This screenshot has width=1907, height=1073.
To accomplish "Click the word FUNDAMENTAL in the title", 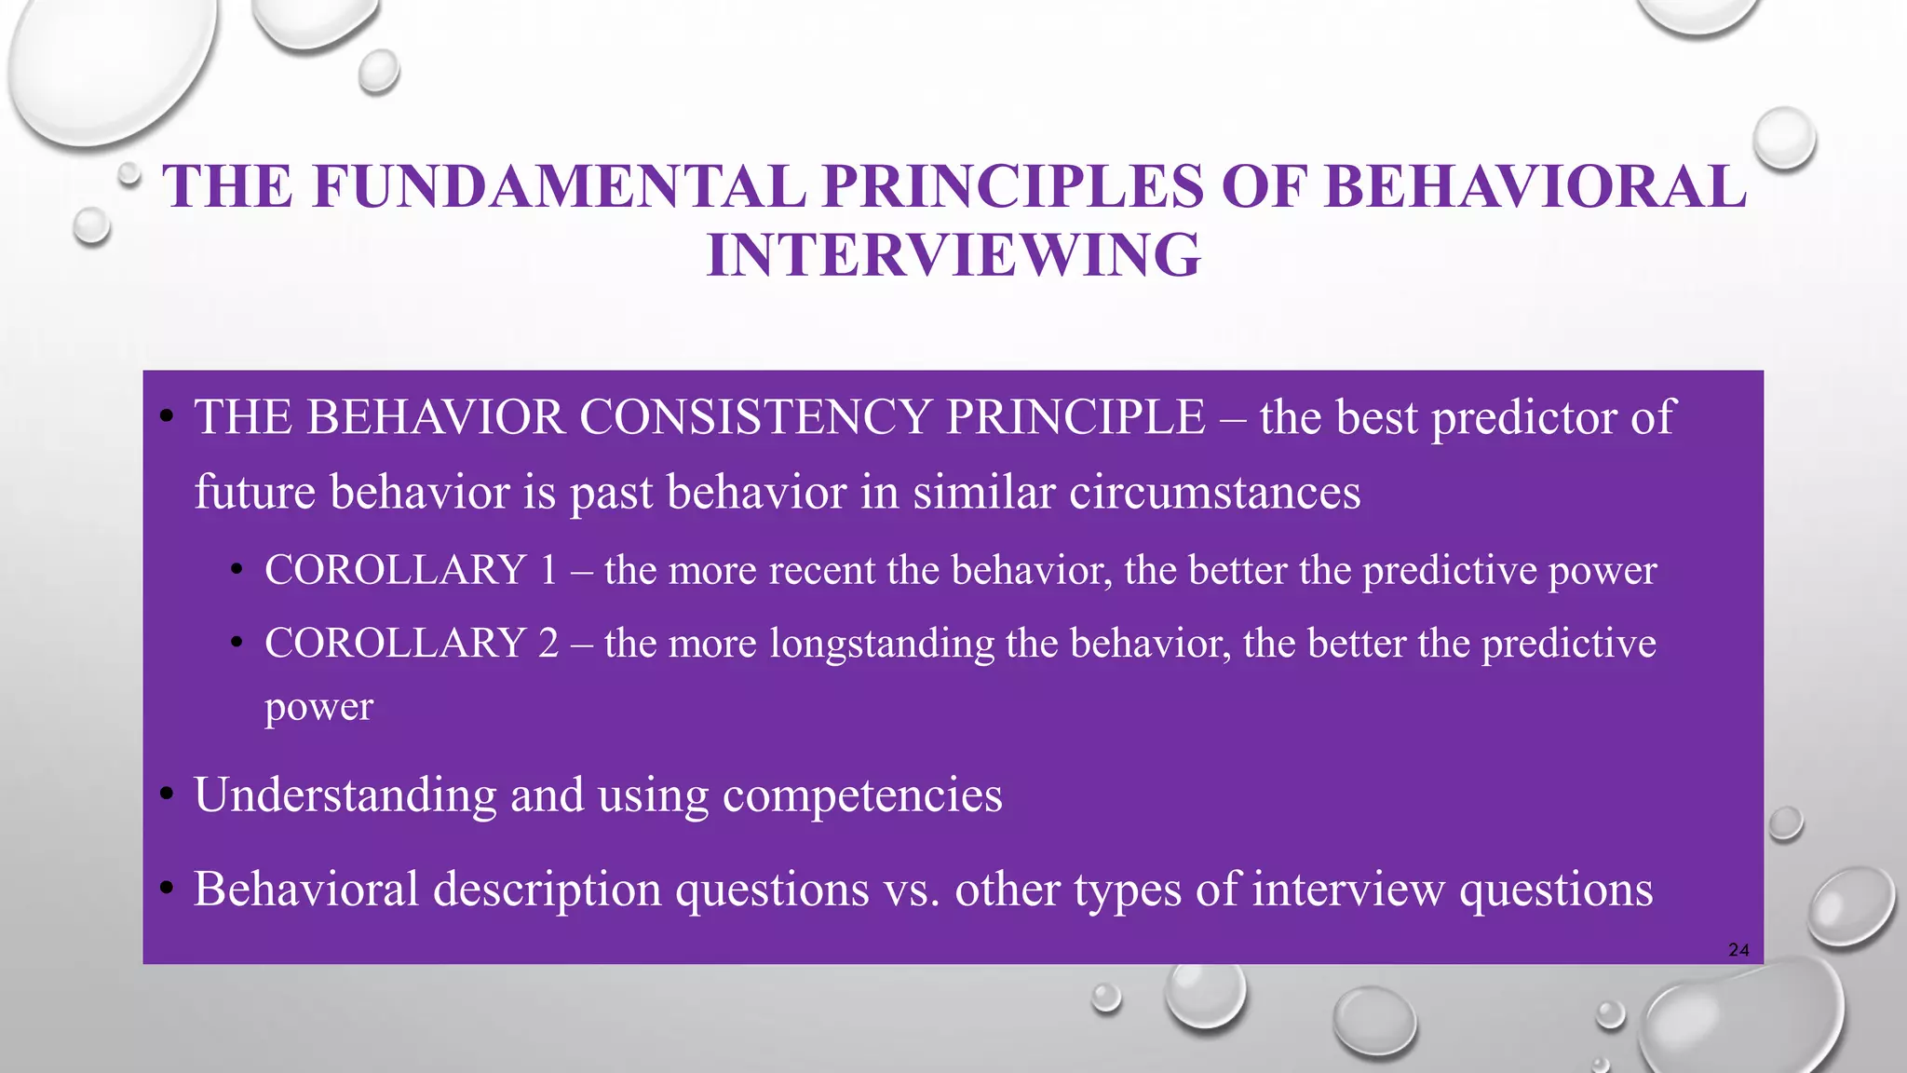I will point(559,186).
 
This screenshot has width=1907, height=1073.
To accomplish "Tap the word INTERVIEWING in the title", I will point(953,254).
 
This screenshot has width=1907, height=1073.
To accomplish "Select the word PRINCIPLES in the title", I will point(1013,186).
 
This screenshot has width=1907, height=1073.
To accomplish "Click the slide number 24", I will point(1738,950).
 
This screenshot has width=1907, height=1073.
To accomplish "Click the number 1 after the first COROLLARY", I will point(548,570).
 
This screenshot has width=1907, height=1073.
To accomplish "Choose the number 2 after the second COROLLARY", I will point(548,643).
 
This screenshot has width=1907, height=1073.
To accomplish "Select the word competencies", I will point(862,795).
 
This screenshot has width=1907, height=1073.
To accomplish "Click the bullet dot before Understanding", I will point(167,795).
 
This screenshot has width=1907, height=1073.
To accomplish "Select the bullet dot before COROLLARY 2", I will point(237,642).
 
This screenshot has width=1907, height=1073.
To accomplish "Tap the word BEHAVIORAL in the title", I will point(1535,186).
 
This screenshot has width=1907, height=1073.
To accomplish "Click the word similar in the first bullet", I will point(983,493).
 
